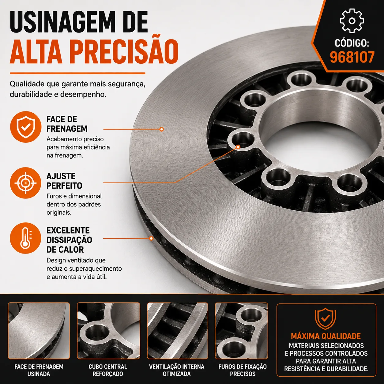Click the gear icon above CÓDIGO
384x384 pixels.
pos(352,21)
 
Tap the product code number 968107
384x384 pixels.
pos(352,57)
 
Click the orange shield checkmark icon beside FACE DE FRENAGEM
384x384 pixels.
pos(26,127)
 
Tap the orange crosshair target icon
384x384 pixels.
pos(25,183)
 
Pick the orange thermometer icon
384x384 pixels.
pos(25,238)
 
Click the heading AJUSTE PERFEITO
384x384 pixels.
pos(64,181)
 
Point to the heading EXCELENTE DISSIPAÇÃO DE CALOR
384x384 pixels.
pos(69,240)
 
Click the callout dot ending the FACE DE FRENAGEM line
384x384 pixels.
pos(162,129)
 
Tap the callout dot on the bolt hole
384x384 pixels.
pos(238,147)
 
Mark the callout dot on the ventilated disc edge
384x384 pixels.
pos(151,238)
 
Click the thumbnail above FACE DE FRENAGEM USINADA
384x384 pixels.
pos(39,331)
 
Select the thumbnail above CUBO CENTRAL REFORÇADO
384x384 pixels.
pos(109,331)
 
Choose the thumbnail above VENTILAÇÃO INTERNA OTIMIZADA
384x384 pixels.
pos(178,331)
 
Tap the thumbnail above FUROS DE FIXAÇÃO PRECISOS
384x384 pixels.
pos(242,331)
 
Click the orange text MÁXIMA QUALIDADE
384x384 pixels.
pos(326,336)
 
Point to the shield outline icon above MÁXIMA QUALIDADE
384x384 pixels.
pos(326,319)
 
